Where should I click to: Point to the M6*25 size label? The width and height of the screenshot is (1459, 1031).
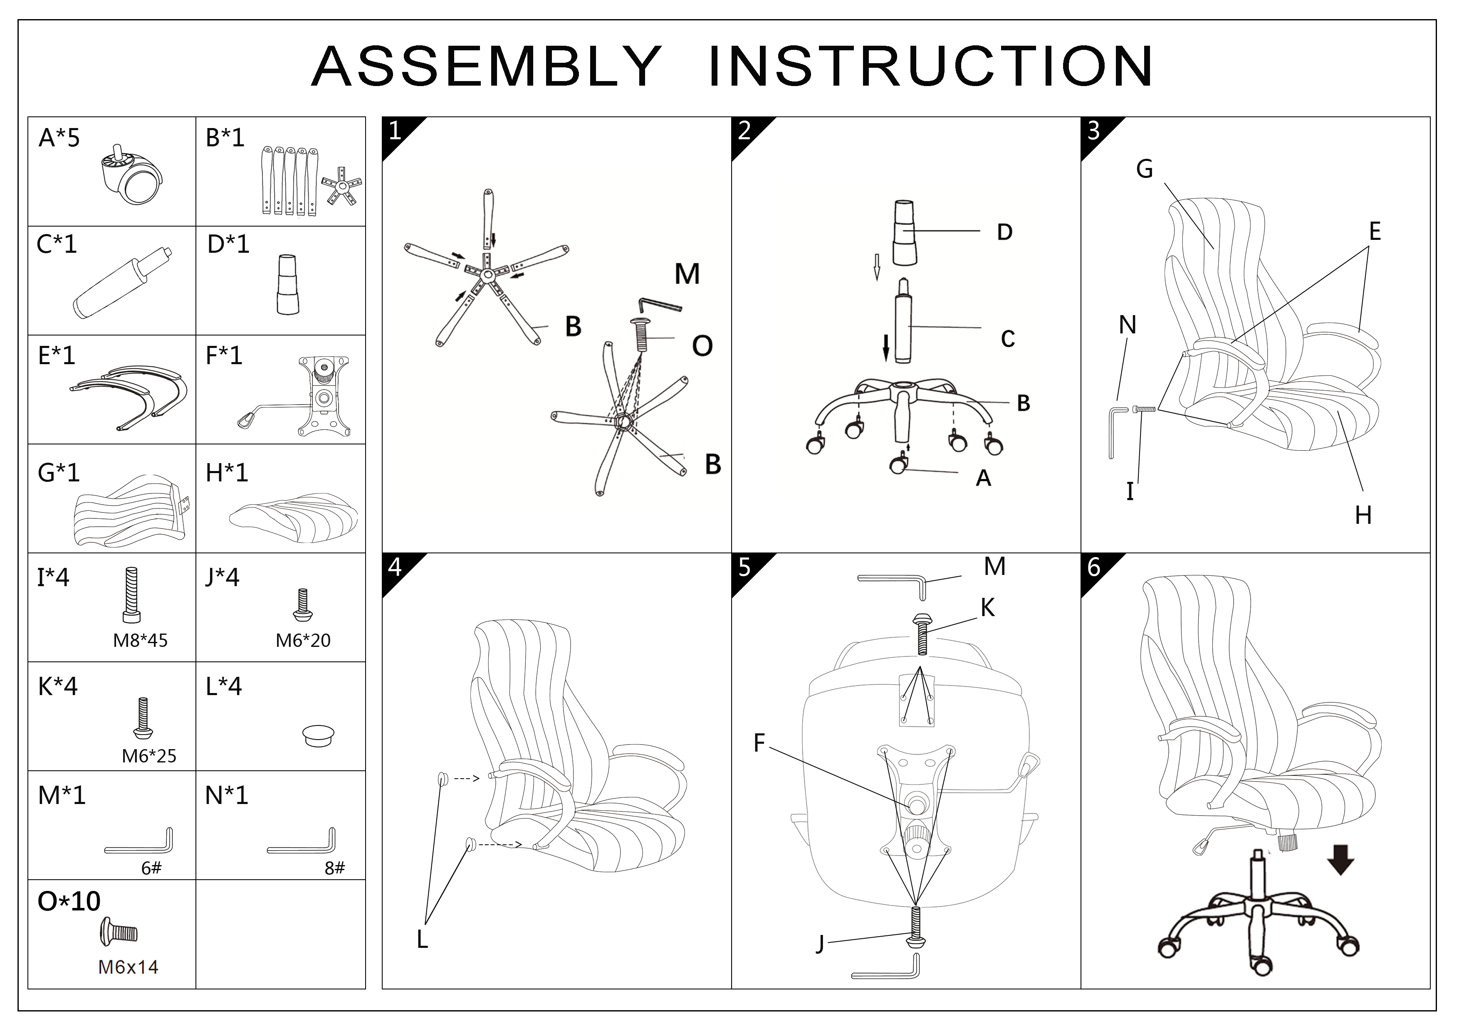[149, 755]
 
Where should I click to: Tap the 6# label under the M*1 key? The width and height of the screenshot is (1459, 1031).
[151, 868]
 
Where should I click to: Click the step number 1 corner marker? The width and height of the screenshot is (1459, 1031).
[395, 131]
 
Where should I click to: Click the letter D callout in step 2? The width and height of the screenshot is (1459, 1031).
[1004, 232]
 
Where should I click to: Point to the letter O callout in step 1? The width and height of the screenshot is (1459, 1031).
[702, 346]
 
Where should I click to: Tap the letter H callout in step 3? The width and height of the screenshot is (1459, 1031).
[1363, 515]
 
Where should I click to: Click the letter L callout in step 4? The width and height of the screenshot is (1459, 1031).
[422, 940]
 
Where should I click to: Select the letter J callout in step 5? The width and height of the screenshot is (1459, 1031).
[820, 945]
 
